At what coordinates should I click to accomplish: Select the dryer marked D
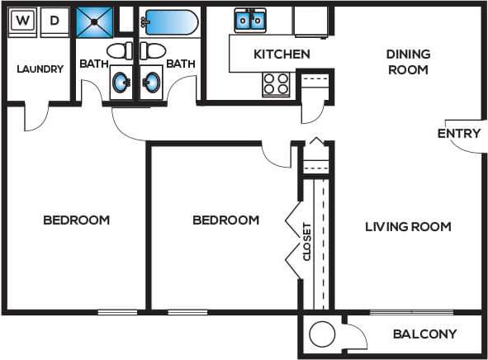54,21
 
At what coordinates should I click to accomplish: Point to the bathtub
168,22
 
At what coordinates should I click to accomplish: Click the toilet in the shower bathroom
120,51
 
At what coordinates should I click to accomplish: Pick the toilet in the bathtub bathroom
152,51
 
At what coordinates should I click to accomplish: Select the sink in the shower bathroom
121,83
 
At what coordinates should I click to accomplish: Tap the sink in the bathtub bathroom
152,83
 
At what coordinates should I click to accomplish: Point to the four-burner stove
277,83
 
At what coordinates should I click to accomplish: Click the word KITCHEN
282,54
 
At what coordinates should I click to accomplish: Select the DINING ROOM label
407,62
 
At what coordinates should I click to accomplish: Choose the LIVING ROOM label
408,226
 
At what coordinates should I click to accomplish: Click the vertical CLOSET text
307,241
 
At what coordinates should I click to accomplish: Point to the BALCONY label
424,334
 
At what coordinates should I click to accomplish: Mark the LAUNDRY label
40,69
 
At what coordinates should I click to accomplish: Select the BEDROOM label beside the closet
225,220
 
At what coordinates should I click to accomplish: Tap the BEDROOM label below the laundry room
76,220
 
